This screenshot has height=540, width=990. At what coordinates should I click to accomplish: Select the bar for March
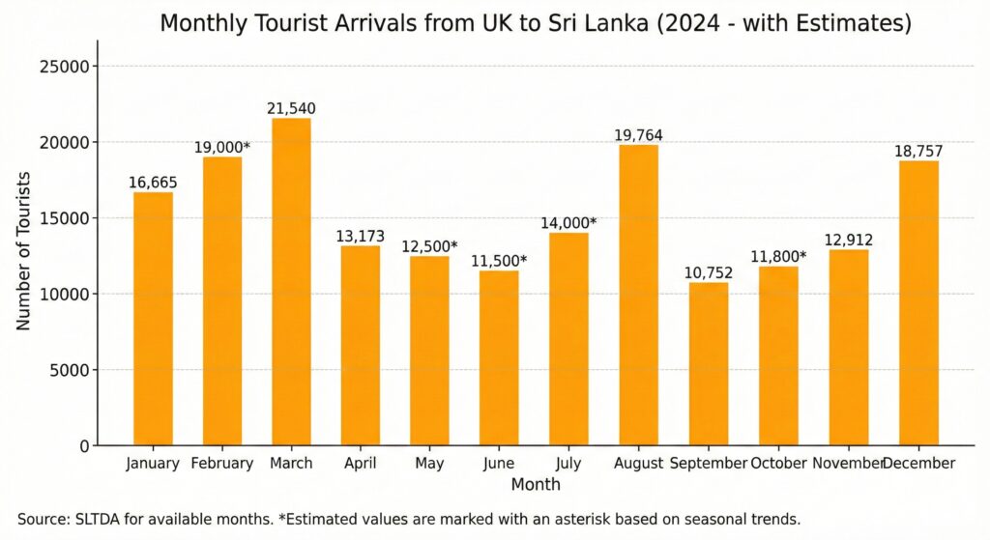[291, 281]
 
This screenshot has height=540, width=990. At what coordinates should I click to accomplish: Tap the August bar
[638, 295]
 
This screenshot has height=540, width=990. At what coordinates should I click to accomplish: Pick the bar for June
[499, 357]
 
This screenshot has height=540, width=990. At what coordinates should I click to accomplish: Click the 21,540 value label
[291, 109]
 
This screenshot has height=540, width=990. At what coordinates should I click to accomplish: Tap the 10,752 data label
[708, 272]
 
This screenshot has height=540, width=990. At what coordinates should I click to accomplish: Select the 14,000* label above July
[568, 223]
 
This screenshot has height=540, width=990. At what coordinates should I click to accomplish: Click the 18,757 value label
[918, 152]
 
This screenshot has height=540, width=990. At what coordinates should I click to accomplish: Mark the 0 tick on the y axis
[85, 445]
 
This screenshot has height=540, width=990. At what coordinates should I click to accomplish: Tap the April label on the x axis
[360, 464]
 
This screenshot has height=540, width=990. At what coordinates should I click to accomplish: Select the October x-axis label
[777, 464]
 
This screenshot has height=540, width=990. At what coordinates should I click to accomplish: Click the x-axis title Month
[536, 484]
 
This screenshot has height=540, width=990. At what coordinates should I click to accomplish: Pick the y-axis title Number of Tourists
[24, 251]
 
